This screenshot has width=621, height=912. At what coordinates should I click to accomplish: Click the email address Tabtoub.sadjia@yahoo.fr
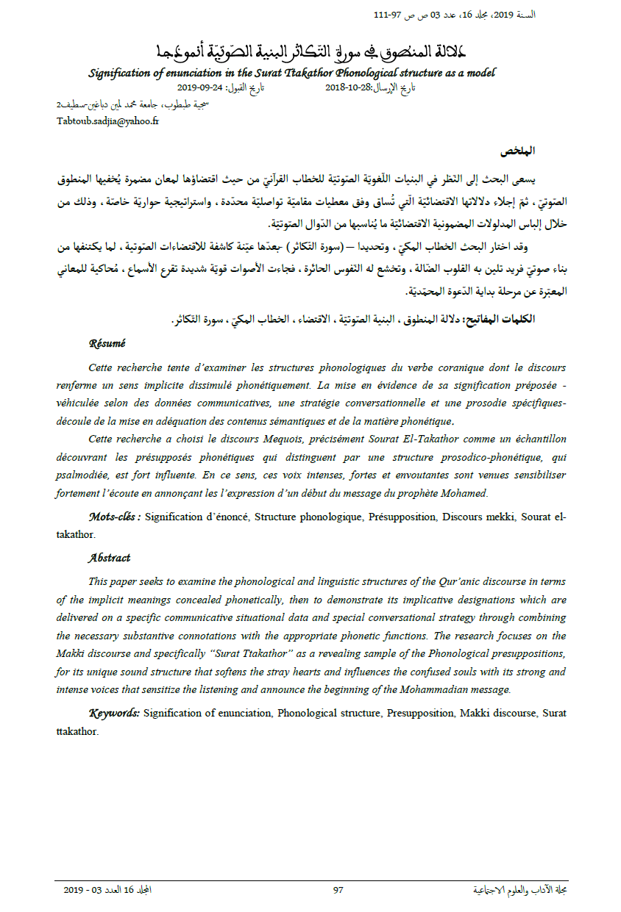(107, 121)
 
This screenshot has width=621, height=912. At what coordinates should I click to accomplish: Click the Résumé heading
(107, 342)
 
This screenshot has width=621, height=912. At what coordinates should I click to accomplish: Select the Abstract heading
(109, 558)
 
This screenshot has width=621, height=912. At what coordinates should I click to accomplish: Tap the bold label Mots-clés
(114, 517)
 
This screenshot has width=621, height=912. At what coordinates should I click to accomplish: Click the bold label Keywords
(114, 713)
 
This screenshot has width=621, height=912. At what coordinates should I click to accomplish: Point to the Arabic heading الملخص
(517, 151)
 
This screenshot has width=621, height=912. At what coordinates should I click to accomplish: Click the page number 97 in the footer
(338, 890)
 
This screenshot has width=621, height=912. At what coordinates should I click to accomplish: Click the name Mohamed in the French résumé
(466, 493)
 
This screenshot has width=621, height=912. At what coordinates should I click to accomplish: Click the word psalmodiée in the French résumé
(88, 475)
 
